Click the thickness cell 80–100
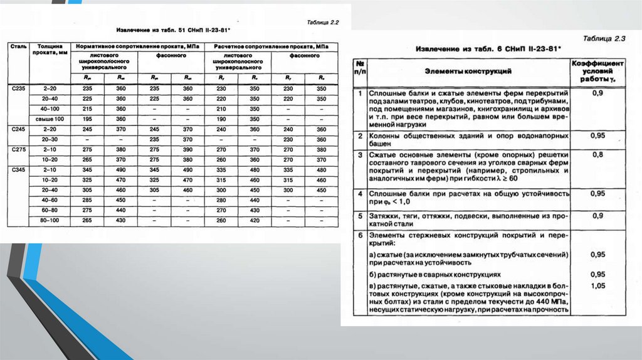pos(50,220)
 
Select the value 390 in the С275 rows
pos(187,150)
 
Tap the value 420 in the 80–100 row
pos(255,220)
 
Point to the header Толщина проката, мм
pos(50,50)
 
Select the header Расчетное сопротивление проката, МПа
pos(271,47)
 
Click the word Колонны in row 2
pos(386,135)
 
